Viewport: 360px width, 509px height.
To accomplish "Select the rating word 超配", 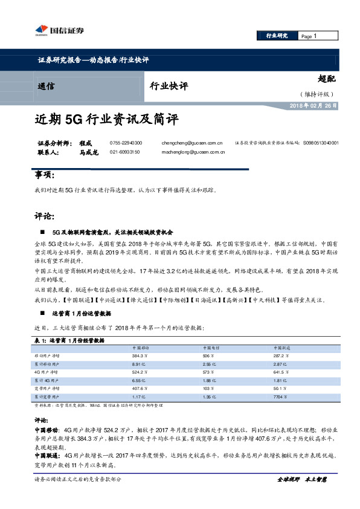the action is coord(326,79).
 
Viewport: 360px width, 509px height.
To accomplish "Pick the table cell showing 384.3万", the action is coord(140,357).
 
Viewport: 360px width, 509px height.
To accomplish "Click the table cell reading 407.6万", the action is coord(140,388).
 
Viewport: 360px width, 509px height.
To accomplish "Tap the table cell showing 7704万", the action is coord(279,396).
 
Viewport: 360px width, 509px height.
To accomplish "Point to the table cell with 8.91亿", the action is coord(140,365).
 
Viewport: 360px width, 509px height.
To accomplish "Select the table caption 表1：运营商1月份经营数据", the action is coord(71,341).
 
